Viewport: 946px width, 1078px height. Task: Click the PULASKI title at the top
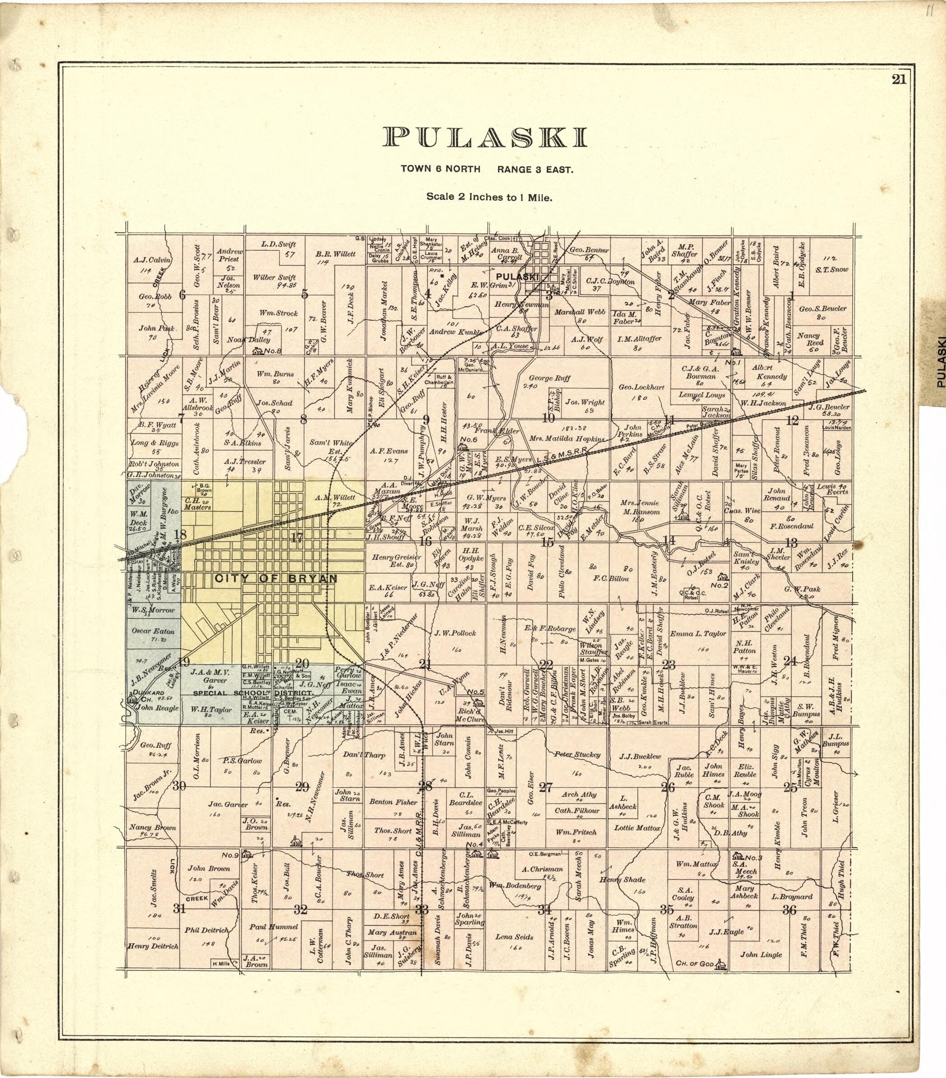[x=484, y=137]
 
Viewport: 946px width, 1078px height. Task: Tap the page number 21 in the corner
[x=899, y=79]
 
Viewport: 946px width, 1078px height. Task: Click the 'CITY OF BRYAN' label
[x=276, y=579]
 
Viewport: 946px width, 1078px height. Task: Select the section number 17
[x=297, y=538]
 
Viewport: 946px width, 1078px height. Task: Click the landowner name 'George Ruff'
[x=549, y=378]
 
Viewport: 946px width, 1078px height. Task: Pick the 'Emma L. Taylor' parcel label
[x=698, y=634]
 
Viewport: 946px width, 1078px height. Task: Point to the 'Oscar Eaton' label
[x=150, y=631]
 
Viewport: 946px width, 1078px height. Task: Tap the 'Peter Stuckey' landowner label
[x=577, y=754]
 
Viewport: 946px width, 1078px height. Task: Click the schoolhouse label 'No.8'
[x=273, y=351]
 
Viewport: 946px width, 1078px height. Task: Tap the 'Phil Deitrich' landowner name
[x=207, y=930]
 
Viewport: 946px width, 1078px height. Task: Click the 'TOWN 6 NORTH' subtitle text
[x=440, y=169]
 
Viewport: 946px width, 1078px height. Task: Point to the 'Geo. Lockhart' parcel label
[x=641, y=387]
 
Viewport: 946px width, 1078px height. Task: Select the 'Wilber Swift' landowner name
[x=274, y=277]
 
